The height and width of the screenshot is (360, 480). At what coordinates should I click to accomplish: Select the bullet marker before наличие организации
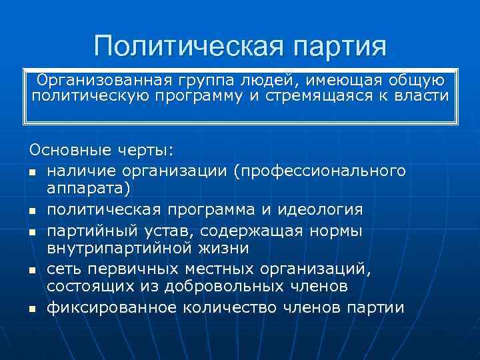coord(33,173)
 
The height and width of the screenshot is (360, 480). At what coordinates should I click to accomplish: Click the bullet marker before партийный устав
coord(33,231)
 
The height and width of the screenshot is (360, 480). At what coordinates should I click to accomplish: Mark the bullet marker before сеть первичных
coord(33,270)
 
